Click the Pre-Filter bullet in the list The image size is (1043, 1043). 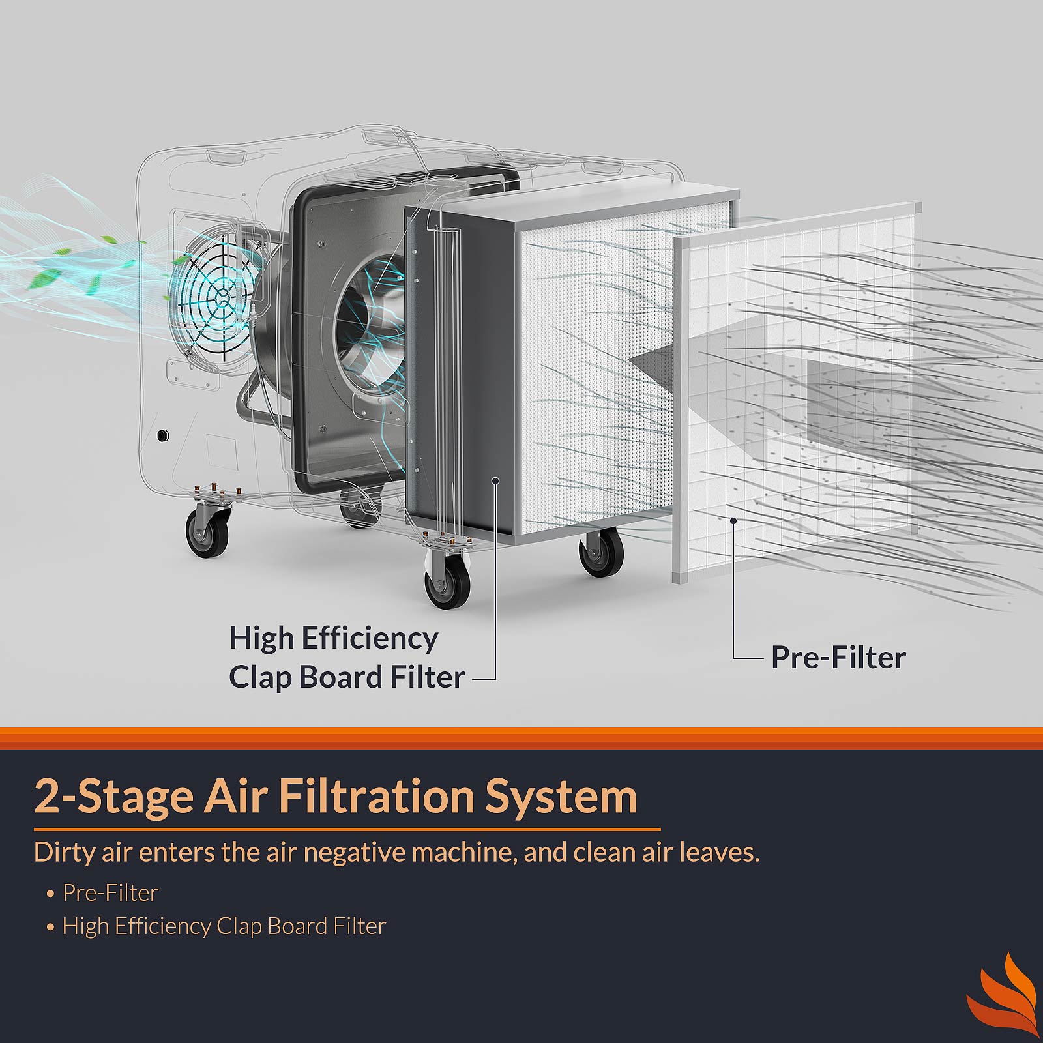point(110,892)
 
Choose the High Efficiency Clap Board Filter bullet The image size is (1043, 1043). point(224,926)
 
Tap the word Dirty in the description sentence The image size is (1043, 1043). point(64,853)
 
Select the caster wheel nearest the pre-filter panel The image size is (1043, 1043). point(601,551)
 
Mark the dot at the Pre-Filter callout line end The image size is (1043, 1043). point(734,520)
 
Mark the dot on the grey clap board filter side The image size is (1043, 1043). point(495,480)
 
